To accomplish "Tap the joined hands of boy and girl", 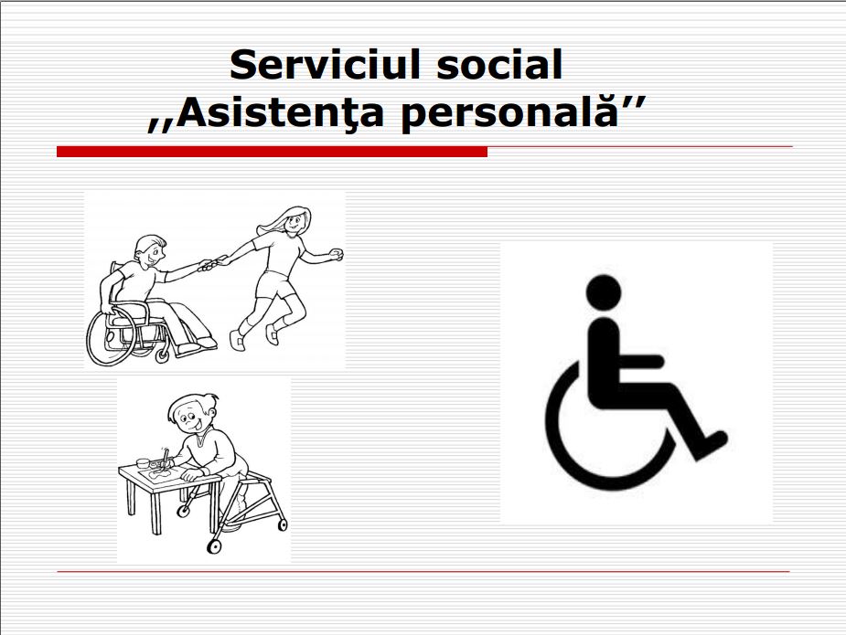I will point(212,263).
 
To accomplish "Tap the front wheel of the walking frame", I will point(215,546).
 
